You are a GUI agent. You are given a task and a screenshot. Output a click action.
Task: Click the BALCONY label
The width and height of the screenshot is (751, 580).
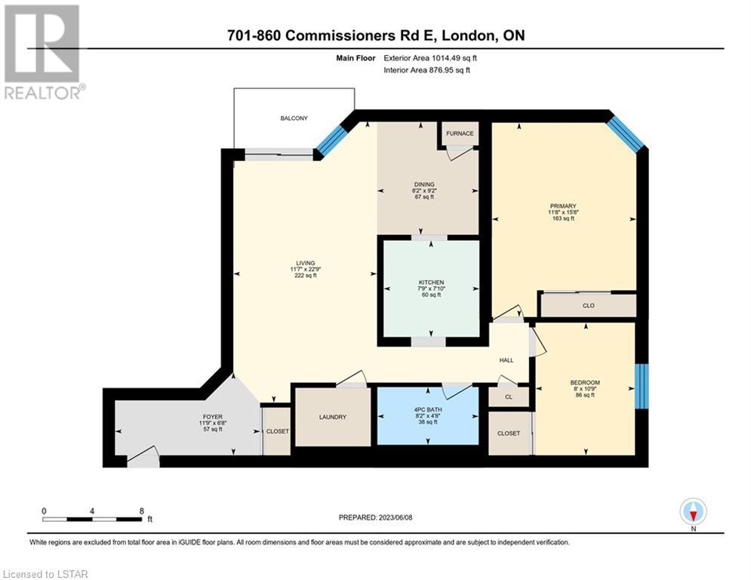[294, 118]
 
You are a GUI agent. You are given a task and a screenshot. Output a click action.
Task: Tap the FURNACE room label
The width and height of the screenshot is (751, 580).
[460, 133]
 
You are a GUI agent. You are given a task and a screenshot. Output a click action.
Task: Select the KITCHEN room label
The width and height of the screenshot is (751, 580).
[431, 282]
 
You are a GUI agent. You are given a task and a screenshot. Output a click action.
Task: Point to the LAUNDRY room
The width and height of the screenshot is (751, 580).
[333, 417]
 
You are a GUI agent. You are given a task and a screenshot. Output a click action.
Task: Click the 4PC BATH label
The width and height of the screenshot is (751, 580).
[428, 410]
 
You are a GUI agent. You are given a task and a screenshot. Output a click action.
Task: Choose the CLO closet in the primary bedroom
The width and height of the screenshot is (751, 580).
[588, 305]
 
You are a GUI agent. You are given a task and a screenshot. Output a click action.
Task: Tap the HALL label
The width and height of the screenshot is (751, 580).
[506, 360]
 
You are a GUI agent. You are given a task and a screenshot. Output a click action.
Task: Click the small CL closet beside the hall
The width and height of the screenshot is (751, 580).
[509, 397]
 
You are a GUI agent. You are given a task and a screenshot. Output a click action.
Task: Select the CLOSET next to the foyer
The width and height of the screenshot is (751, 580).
[277, 431]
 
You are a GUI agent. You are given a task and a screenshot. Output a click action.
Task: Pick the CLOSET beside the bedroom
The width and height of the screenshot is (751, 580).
[509, 433]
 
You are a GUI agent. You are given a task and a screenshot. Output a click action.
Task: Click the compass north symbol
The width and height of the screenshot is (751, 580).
[693, 512]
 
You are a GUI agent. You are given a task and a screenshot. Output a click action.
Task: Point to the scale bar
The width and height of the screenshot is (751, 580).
[92, 519]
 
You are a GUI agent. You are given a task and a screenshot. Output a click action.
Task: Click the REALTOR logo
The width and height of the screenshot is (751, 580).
[42, 52]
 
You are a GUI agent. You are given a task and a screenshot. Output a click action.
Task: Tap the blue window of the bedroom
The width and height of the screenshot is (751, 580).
[642, 387]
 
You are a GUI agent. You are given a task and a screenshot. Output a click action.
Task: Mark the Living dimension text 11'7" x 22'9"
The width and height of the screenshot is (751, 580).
[306, 270]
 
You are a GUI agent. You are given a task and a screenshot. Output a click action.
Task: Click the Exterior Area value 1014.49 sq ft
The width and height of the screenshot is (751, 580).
[454, 58]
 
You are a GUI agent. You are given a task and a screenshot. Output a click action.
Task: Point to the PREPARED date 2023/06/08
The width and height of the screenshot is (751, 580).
[396, 517]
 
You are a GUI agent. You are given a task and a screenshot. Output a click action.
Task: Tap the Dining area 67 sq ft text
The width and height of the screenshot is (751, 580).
[424, 196]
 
